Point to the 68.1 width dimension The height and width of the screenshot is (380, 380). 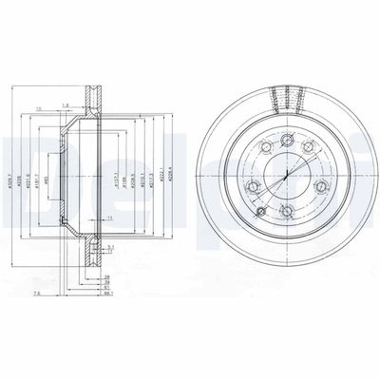pos(111,294)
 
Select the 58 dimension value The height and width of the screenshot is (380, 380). pos(110,282)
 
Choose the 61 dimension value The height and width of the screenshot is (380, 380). pos(110,288)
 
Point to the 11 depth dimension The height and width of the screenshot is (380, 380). pos(110,219)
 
